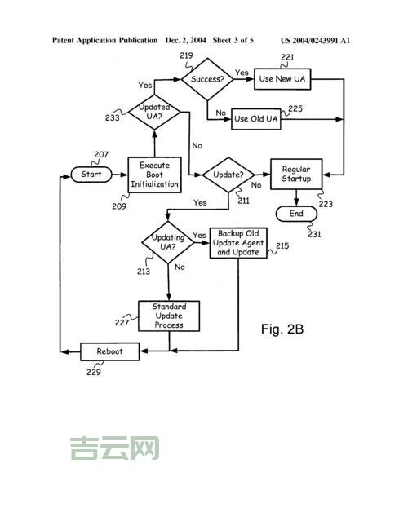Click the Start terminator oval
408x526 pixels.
tap(91, 175)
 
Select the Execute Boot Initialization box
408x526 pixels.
tap(153, 175)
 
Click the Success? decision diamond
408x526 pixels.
tap(206, 79)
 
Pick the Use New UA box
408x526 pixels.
tap(282, 79)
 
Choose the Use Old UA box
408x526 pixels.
tap(256, 119)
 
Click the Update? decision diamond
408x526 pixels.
tap(228, 175)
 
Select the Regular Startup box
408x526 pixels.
tap(296, 175)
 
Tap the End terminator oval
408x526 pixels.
tap(296, 214)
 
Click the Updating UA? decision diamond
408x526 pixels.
tap(167, 241)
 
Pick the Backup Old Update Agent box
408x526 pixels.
tap(237, 243)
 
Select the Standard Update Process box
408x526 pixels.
tap(168, 316)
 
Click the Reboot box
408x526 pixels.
tap(110, 351)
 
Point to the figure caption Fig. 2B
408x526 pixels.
tap(282, 329)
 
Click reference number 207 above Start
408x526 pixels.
tap(101, 155)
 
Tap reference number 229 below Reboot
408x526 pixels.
tap(94, 373)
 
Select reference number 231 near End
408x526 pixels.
tap(314, 234)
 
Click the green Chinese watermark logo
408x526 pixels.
tap(114, 448)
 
